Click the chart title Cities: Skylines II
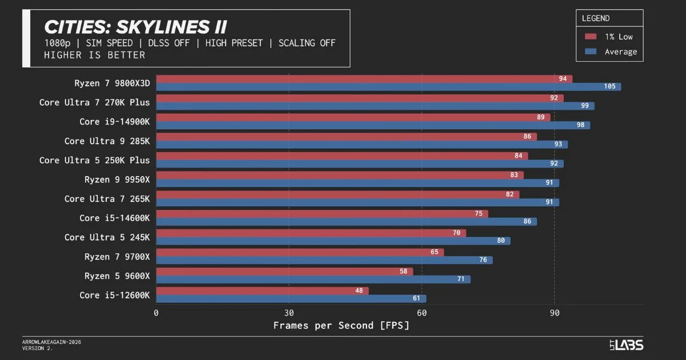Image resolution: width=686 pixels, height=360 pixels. click(135, 27)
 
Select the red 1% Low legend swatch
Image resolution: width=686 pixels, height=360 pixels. click(591, 37)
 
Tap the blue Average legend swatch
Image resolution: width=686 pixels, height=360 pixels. click(591, 51)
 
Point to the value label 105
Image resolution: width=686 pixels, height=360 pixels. click(609, 87)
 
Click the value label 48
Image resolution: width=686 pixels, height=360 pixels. click(359, 291)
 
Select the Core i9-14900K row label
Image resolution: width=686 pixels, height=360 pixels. click(114, 122)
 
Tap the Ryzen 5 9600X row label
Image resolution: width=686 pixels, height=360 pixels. click(117, 276)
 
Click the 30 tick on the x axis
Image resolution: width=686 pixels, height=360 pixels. click(289, 313)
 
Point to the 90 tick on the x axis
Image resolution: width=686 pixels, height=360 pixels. click(554, 313)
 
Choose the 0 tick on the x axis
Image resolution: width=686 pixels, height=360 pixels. click(156, 313)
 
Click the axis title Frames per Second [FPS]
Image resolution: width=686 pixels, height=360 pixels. click(341, 326)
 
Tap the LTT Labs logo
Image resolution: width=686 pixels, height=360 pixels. click(626, 345)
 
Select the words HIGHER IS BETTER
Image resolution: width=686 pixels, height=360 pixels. click(94, 55)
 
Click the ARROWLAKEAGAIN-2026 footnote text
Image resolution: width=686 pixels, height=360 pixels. click(51, 342)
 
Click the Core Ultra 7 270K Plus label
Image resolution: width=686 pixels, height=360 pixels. click(94, 103)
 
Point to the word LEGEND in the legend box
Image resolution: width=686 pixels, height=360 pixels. click(596, 18)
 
